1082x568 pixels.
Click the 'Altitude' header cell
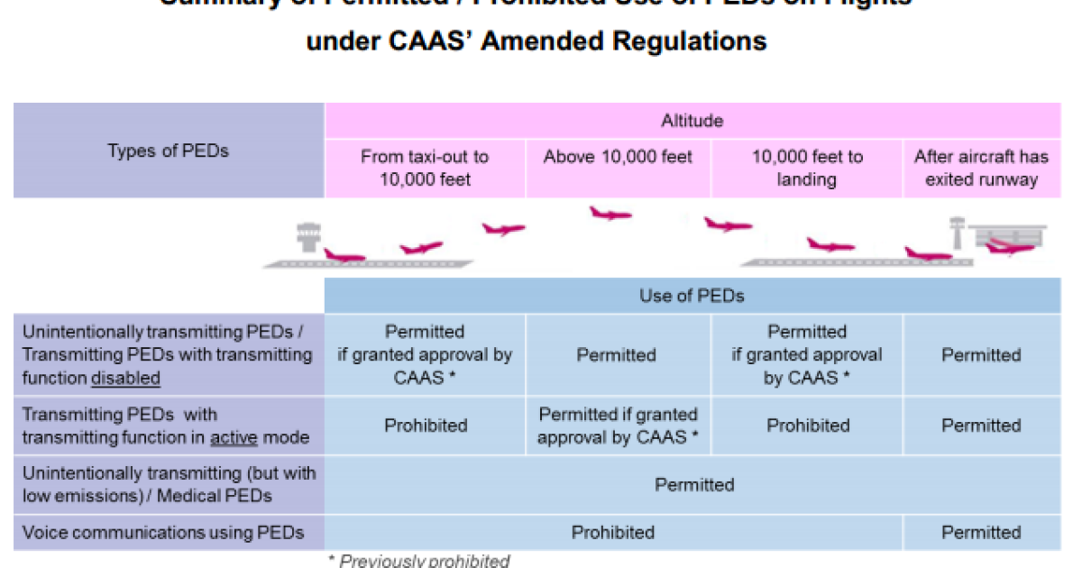point(692,120)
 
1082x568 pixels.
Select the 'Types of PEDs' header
point(168,151)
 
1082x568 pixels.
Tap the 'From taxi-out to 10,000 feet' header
point(425,168)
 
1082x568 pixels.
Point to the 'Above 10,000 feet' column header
point(618,157)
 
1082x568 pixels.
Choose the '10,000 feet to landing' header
point(807,168)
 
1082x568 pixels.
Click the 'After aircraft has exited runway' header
point(981,168)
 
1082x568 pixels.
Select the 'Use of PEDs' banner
point(692,296)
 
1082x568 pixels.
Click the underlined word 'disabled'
point(125,379)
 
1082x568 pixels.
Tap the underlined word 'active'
point(234,438)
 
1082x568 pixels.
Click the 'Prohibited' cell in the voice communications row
point(613,532)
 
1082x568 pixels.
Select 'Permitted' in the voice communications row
point(981,532)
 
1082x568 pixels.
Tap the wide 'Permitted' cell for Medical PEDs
point(694,485)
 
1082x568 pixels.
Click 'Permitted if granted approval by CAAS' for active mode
point(618,426)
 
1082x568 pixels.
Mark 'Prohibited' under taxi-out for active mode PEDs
point(426,426)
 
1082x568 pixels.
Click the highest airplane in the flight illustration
point(610,215)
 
